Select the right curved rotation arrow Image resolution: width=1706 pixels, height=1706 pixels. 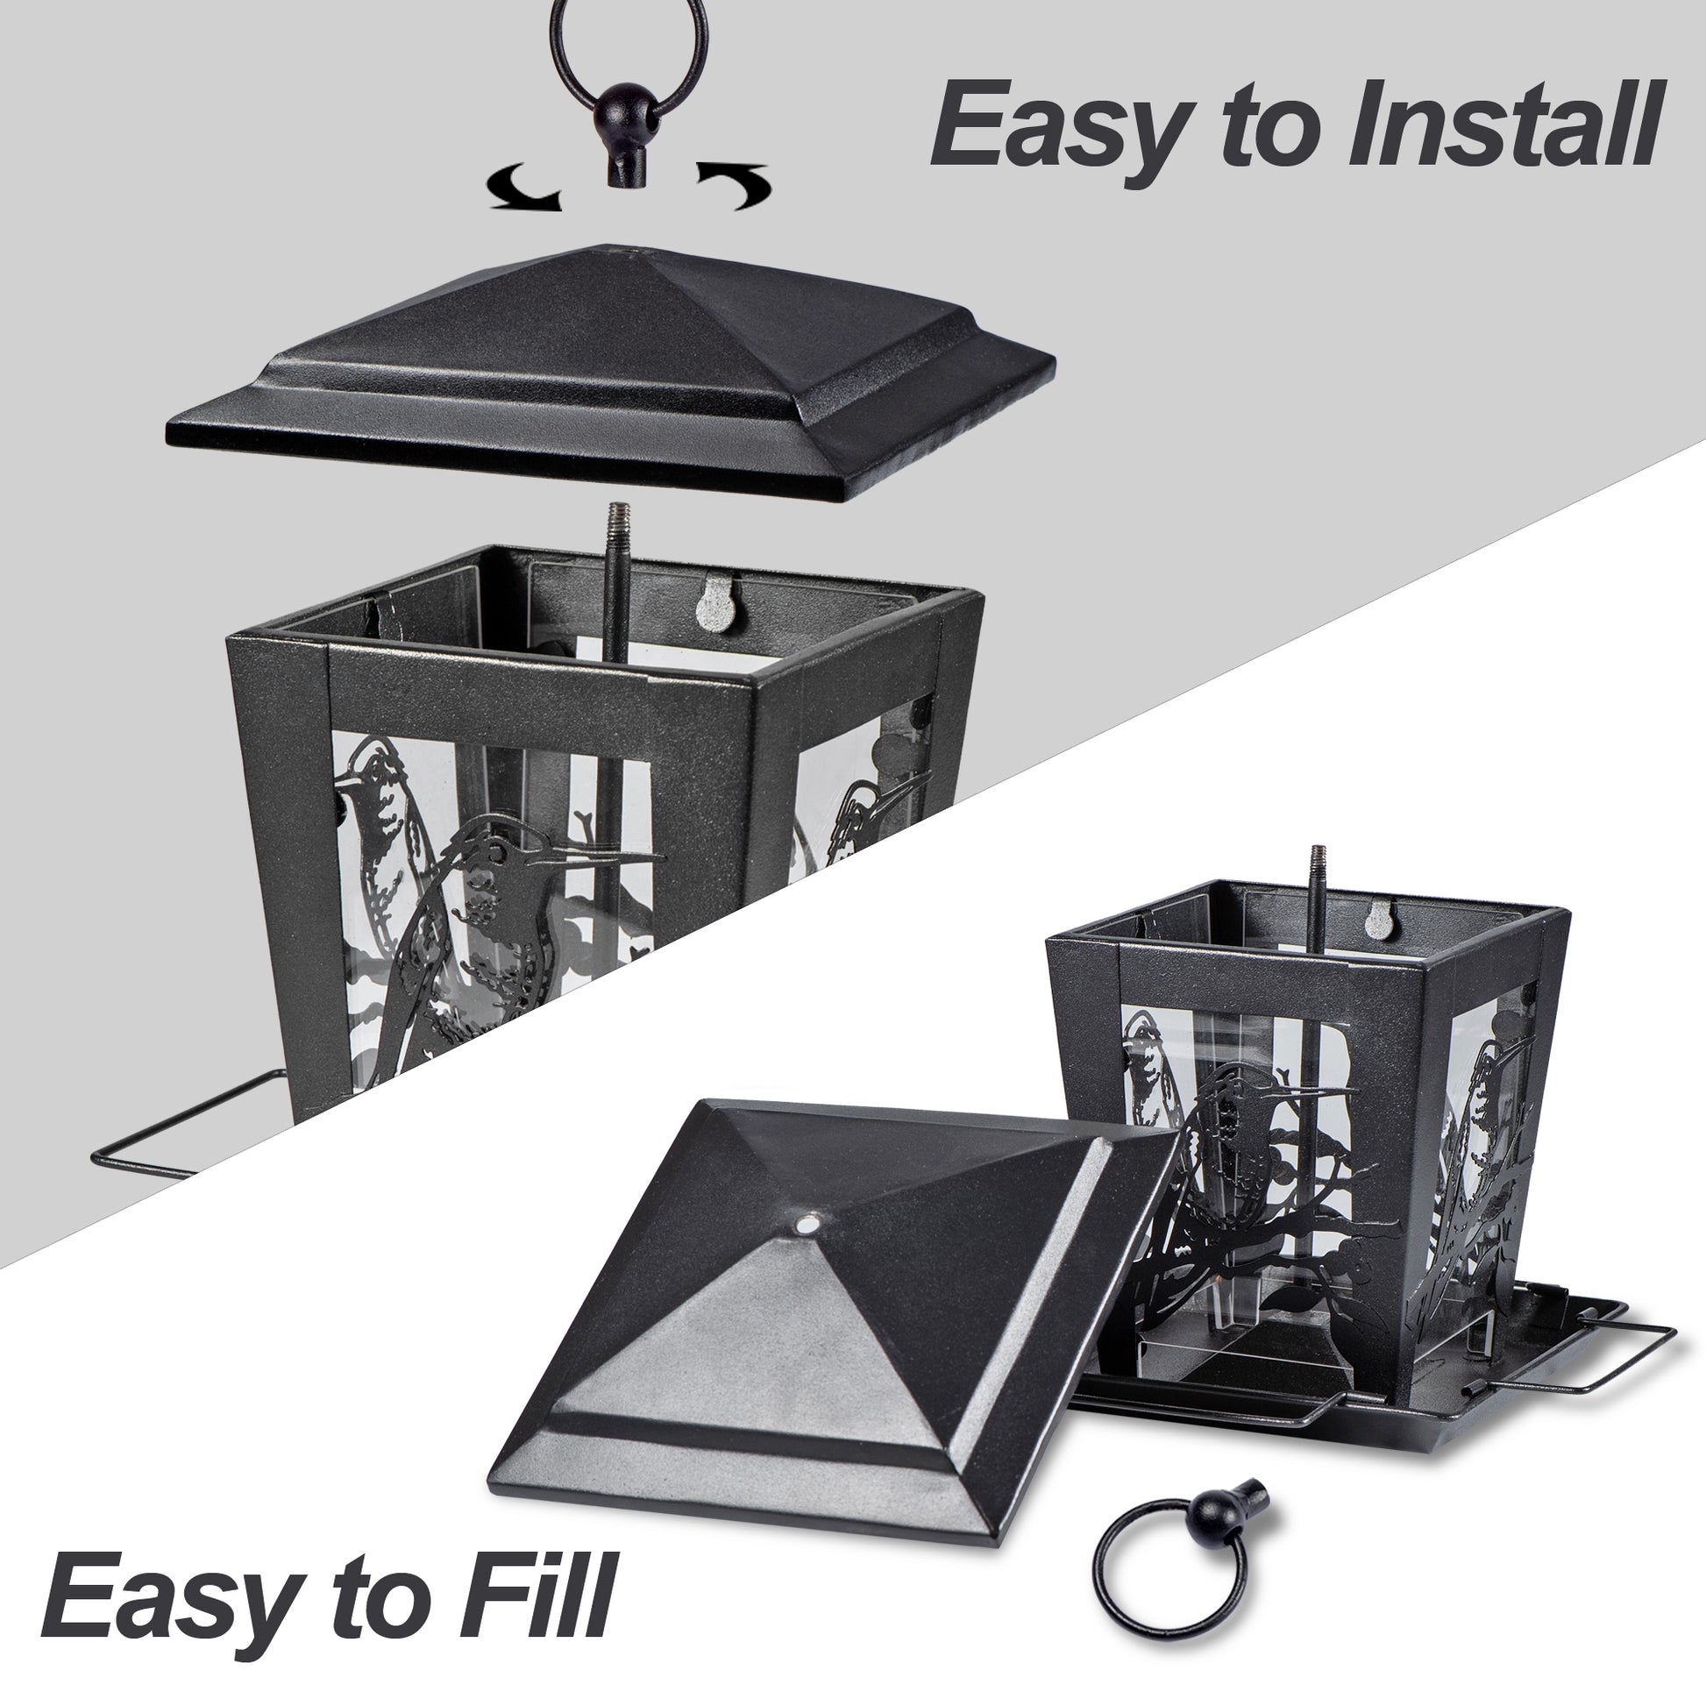733,185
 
